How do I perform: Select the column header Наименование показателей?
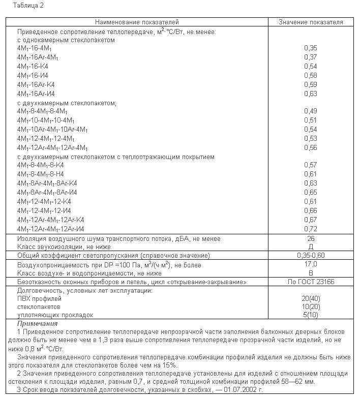click(136, 22)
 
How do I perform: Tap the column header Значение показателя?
click(311, 22)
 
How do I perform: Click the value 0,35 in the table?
click(310, 47)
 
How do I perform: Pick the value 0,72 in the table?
click(310, 229)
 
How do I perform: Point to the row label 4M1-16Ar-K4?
click(36, 84)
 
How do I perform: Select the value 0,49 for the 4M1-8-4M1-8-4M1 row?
click(310, 111)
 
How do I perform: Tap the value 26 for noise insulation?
click(311, 238)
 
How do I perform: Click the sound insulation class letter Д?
click(311, 246)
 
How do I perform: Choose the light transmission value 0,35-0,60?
click(311, 255)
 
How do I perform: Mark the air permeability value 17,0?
click(311, 264)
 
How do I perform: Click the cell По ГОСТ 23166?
click(311, 282)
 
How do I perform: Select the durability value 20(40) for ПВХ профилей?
click(311, 299)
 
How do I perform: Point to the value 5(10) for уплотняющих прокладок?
click(311, 315)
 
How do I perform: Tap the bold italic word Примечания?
click(37, 323)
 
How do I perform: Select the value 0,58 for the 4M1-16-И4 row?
click(310, 75)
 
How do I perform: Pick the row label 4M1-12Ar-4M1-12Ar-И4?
click(50, 229)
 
